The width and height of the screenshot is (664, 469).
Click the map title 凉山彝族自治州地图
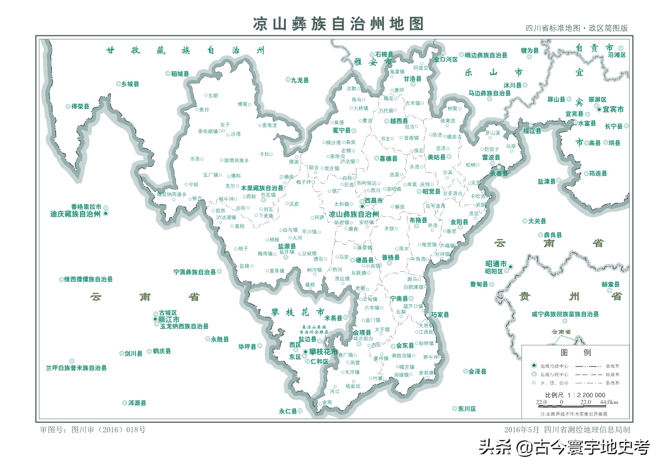(x=338, y=24)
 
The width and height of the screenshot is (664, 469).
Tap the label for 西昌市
(x=374, y=200)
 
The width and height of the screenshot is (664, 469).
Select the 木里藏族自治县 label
(x=262, y=188)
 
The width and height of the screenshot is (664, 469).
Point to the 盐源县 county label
(x=287, y=246)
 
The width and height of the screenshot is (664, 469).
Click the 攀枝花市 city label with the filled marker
(x=323, y=352)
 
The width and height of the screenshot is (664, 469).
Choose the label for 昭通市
(x=496, y=264)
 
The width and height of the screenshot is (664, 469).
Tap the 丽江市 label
(x=169, y=319)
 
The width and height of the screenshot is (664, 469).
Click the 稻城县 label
(x=180, y=74)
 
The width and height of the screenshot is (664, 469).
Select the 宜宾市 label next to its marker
(x=613, y=109)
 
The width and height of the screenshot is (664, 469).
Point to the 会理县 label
(x=362, y=332)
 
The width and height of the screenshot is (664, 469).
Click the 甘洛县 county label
(x=412, y=79)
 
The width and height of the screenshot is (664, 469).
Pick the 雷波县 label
(x=491, y=157)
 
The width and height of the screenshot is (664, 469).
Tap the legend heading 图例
(x=575, y=353)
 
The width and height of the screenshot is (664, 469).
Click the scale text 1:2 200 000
(x=586, y=395)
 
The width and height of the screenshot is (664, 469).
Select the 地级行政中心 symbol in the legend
(x=534, y=366)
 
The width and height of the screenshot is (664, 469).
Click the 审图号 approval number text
(x=93, y=430)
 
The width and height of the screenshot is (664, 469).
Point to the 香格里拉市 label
(x=86, y=207)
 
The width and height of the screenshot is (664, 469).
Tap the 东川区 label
(x=466, y=408)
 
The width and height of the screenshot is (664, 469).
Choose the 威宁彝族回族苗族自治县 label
(x=565, y=314)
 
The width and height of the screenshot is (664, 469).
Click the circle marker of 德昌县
(x=352, y=260)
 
